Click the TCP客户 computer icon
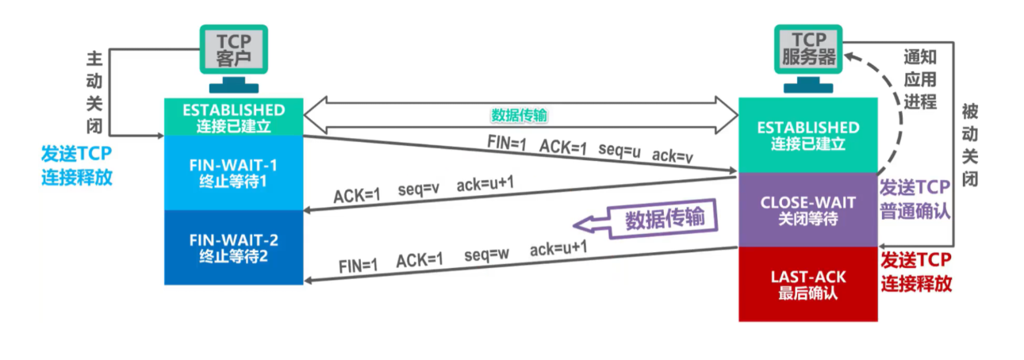coord(233,56)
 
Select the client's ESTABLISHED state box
coord(233,117)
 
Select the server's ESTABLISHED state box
coord(807,135)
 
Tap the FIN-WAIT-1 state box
coord(233,172)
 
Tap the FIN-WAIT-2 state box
coord(233,247)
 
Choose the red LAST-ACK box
coord(807,284)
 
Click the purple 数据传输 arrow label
coord(663,218)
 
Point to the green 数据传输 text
coord(519,115)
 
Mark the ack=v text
coord(673,156)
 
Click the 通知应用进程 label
coord(920,79)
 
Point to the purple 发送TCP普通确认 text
coord(915,199)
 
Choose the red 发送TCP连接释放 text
coord(916,272)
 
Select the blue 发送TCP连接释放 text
coord(77,165)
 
